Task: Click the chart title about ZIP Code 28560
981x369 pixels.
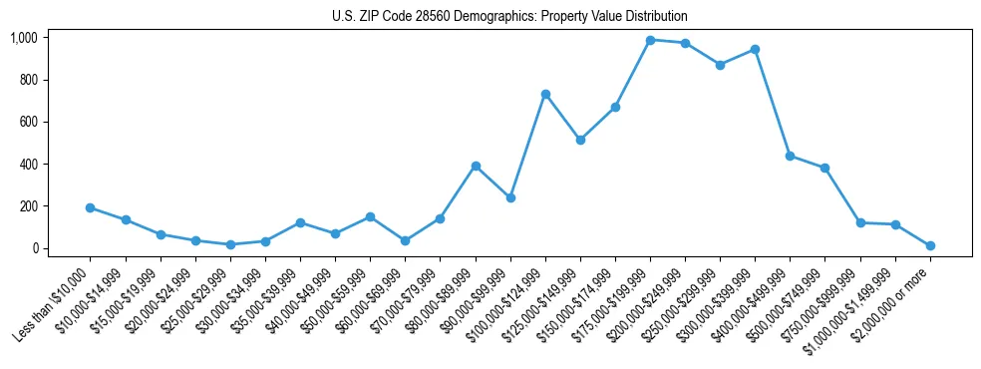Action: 509,17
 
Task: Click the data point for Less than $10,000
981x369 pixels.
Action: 91,207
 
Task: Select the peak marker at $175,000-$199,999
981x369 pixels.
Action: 650,40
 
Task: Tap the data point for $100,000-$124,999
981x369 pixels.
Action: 545,94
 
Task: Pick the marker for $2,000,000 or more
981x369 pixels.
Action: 930,245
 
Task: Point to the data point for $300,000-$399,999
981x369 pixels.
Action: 755,49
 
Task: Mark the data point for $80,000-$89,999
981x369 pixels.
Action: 476,166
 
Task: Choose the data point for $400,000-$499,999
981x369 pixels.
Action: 790,156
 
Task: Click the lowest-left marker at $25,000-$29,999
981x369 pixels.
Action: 230,244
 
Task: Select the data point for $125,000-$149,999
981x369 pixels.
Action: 580,140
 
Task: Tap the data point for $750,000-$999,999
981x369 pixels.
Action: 860,222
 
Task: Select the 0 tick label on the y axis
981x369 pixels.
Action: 34,248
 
